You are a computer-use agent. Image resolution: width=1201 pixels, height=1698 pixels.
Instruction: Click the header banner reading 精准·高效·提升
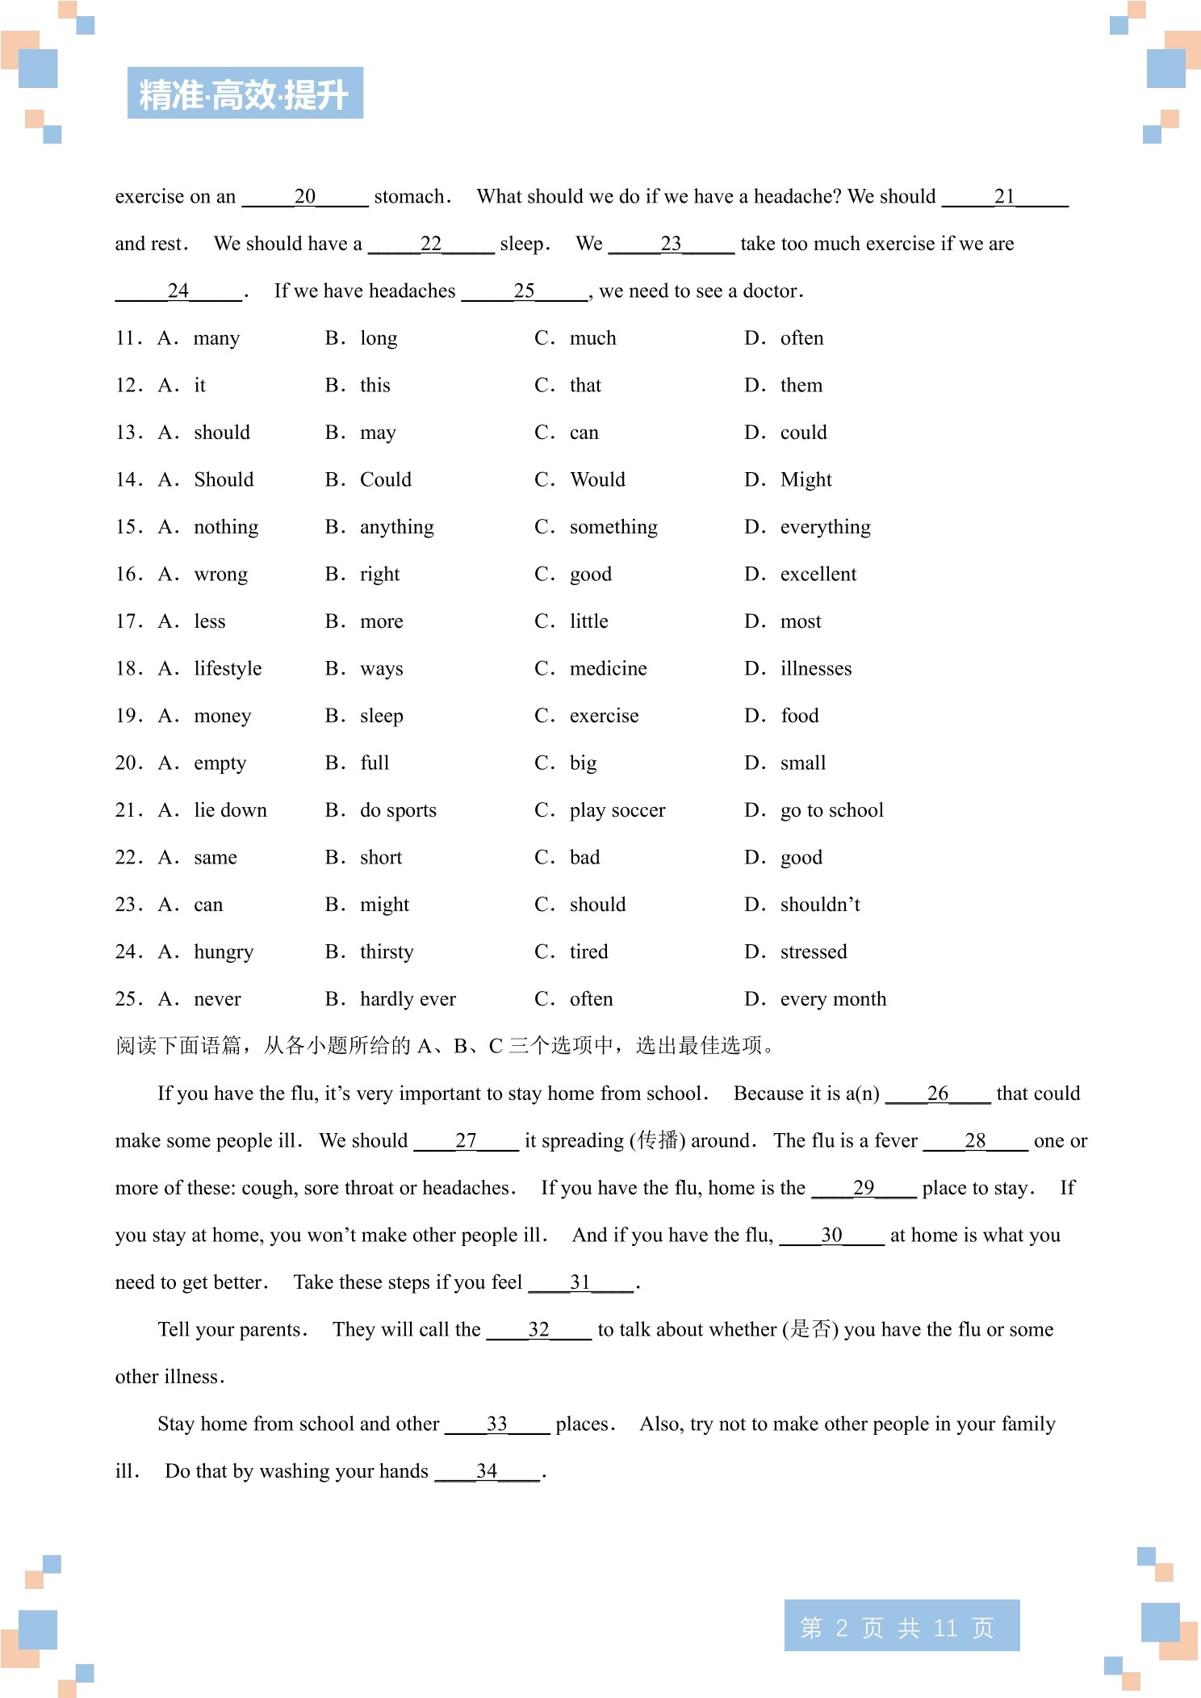tap(245, 94)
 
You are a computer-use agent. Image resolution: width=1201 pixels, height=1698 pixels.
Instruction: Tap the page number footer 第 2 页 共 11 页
tap(901, 1627)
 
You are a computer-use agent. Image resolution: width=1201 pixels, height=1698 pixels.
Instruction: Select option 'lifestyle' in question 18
tap(228, 669)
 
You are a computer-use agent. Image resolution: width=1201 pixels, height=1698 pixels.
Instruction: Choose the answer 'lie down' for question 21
tap(230, 810)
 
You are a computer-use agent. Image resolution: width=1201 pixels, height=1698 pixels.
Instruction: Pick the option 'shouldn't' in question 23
tap(819, 905)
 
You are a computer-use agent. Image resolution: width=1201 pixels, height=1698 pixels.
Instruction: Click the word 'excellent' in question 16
tap(818, 575)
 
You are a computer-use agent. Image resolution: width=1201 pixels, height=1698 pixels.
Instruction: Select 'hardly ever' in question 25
tap(408, 999)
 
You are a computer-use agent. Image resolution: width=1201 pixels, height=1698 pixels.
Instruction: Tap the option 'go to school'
tap(831, 810)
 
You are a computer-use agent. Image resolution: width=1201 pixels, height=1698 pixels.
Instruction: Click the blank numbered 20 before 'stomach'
tap(305, 197)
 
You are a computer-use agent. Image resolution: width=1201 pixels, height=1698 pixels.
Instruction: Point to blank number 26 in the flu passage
tap(937, 1094)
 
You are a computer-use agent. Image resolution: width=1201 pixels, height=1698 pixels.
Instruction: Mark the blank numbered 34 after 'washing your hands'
tap(487, 1471)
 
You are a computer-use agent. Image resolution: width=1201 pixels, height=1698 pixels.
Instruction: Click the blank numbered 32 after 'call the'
tap(538, 1330)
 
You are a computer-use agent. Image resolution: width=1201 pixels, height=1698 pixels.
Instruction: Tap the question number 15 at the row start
tap(128, 527)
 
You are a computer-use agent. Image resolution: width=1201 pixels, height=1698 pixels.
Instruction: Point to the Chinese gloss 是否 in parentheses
tap(810, 1329)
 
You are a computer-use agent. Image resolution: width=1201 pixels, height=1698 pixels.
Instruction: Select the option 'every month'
tap(833, 999)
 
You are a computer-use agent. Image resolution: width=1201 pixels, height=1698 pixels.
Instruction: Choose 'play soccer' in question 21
tap(617, 810)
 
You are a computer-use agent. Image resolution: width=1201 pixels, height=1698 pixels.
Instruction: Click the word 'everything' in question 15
tap(825, 527)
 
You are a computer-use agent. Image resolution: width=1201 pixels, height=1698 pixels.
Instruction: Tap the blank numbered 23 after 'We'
tap(671, 244)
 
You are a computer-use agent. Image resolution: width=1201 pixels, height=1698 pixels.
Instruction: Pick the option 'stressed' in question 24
tap(814, 952)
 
